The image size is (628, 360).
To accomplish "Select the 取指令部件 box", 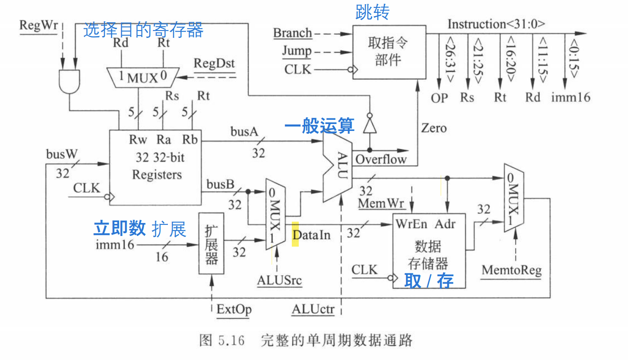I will [x=388, y=51].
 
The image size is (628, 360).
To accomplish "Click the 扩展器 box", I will [x=211, y=243].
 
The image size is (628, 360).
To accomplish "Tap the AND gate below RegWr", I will [x=69, y=81].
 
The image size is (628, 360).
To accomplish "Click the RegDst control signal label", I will [x=214, y=63].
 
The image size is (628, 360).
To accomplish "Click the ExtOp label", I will [x=234, y=309].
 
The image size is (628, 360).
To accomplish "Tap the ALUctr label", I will [x=313, y=309].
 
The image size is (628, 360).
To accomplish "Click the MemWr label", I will [x=382, y=203].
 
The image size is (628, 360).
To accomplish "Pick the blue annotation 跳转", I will [x=372, y=12].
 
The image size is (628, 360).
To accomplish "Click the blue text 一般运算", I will [x=319, y=125].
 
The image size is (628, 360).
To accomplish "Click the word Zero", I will [x=433, y=128].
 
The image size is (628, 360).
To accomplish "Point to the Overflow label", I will [x=381, y=159].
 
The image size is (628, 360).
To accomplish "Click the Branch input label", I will [x=292, y=33].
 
